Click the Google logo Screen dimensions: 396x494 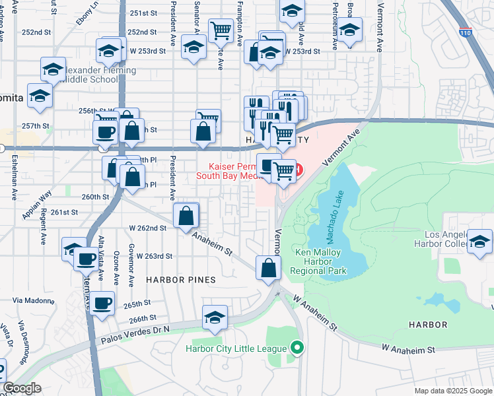22,388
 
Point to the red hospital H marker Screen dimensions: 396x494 298,170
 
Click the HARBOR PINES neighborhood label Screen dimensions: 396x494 181,280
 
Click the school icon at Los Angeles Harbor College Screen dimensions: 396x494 479,241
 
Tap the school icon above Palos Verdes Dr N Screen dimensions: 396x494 215,317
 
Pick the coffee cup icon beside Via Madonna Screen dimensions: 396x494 102,304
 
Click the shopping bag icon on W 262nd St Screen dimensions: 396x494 186,215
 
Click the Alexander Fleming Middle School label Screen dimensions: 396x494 92,75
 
